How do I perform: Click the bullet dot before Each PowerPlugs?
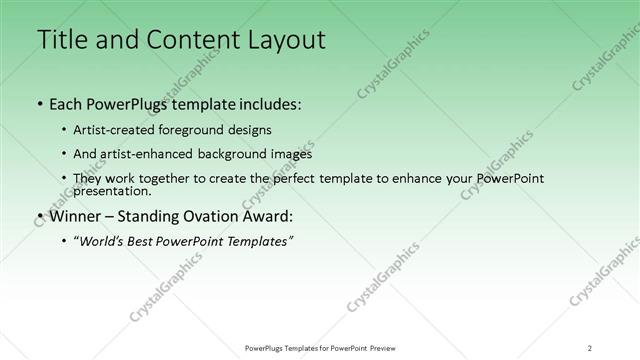(x=38, y=103)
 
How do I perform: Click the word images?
(x=291, y=154)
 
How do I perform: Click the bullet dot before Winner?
(x=38, y=215)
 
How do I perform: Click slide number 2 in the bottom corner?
(x=589, y=347)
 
